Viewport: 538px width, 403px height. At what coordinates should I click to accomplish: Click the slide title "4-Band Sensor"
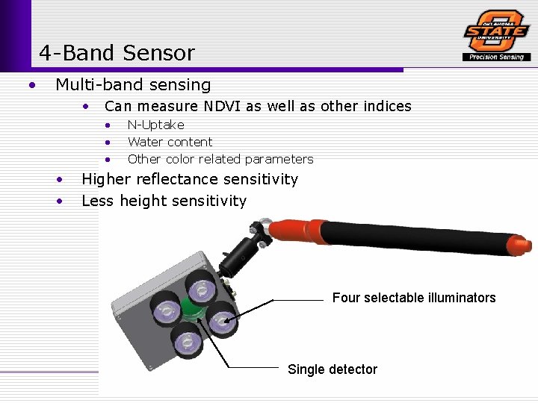pyautogui.click(x=117, y=53)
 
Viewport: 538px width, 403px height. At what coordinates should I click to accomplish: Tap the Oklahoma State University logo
pyautogui.click(x=496, y=31)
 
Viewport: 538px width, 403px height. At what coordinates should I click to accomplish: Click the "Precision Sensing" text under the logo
pyautogui.click(x=497, y=57)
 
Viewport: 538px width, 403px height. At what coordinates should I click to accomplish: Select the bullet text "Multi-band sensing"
pyautogui.click(x=133, y=85)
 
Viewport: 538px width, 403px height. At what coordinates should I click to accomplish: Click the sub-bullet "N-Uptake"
pyautogui.click(x=155, y=125)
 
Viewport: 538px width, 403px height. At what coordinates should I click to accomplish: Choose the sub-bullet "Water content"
pyautogui.click(x=170, y=142)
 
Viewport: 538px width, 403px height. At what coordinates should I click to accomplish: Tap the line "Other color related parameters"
pyautogui.click(x=220, y=159)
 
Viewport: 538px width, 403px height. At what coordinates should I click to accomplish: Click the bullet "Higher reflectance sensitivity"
pyautogui.click(x=189, y=179)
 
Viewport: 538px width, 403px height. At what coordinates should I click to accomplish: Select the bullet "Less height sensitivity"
pyautogui.click(x=164, y=201)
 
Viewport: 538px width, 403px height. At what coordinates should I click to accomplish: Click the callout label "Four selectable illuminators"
pyautogui.click(x=413, y=298)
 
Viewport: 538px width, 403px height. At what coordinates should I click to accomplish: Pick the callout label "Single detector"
pyautogui.click(x=332, y=369)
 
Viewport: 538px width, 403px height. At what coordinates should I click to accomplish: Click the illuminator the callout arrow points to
pyautogui.click(x=222, y=322)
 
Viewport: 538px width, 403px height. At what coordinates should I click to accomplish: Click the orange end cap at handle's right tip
pyautogui.click(x=524, y=245)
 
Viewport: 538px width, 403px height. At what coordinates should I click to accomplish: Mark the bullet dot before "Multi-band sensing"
pyautogui.click(x=31, y=85)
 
